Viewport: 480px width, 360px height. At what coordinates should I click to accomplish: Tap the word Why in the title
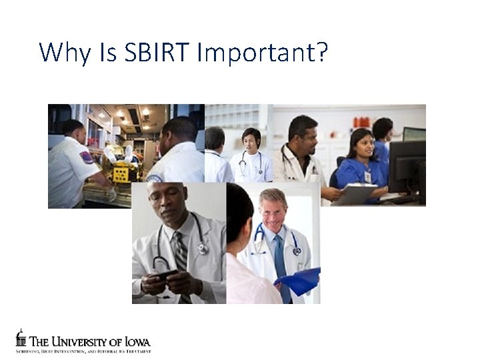(64, 52)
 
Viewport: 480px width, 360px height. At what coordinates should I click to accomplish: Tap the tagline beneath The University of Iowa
(83, 351)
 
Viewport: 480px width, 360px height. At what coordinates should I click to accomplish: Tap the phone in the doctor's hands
(165, 274)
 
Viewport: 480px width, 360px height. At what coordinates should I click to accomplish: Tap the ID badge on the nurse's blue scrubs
(367, 177)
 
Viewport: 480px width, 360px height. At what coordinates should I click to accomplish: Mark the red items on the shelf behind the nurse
(361, 122)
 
